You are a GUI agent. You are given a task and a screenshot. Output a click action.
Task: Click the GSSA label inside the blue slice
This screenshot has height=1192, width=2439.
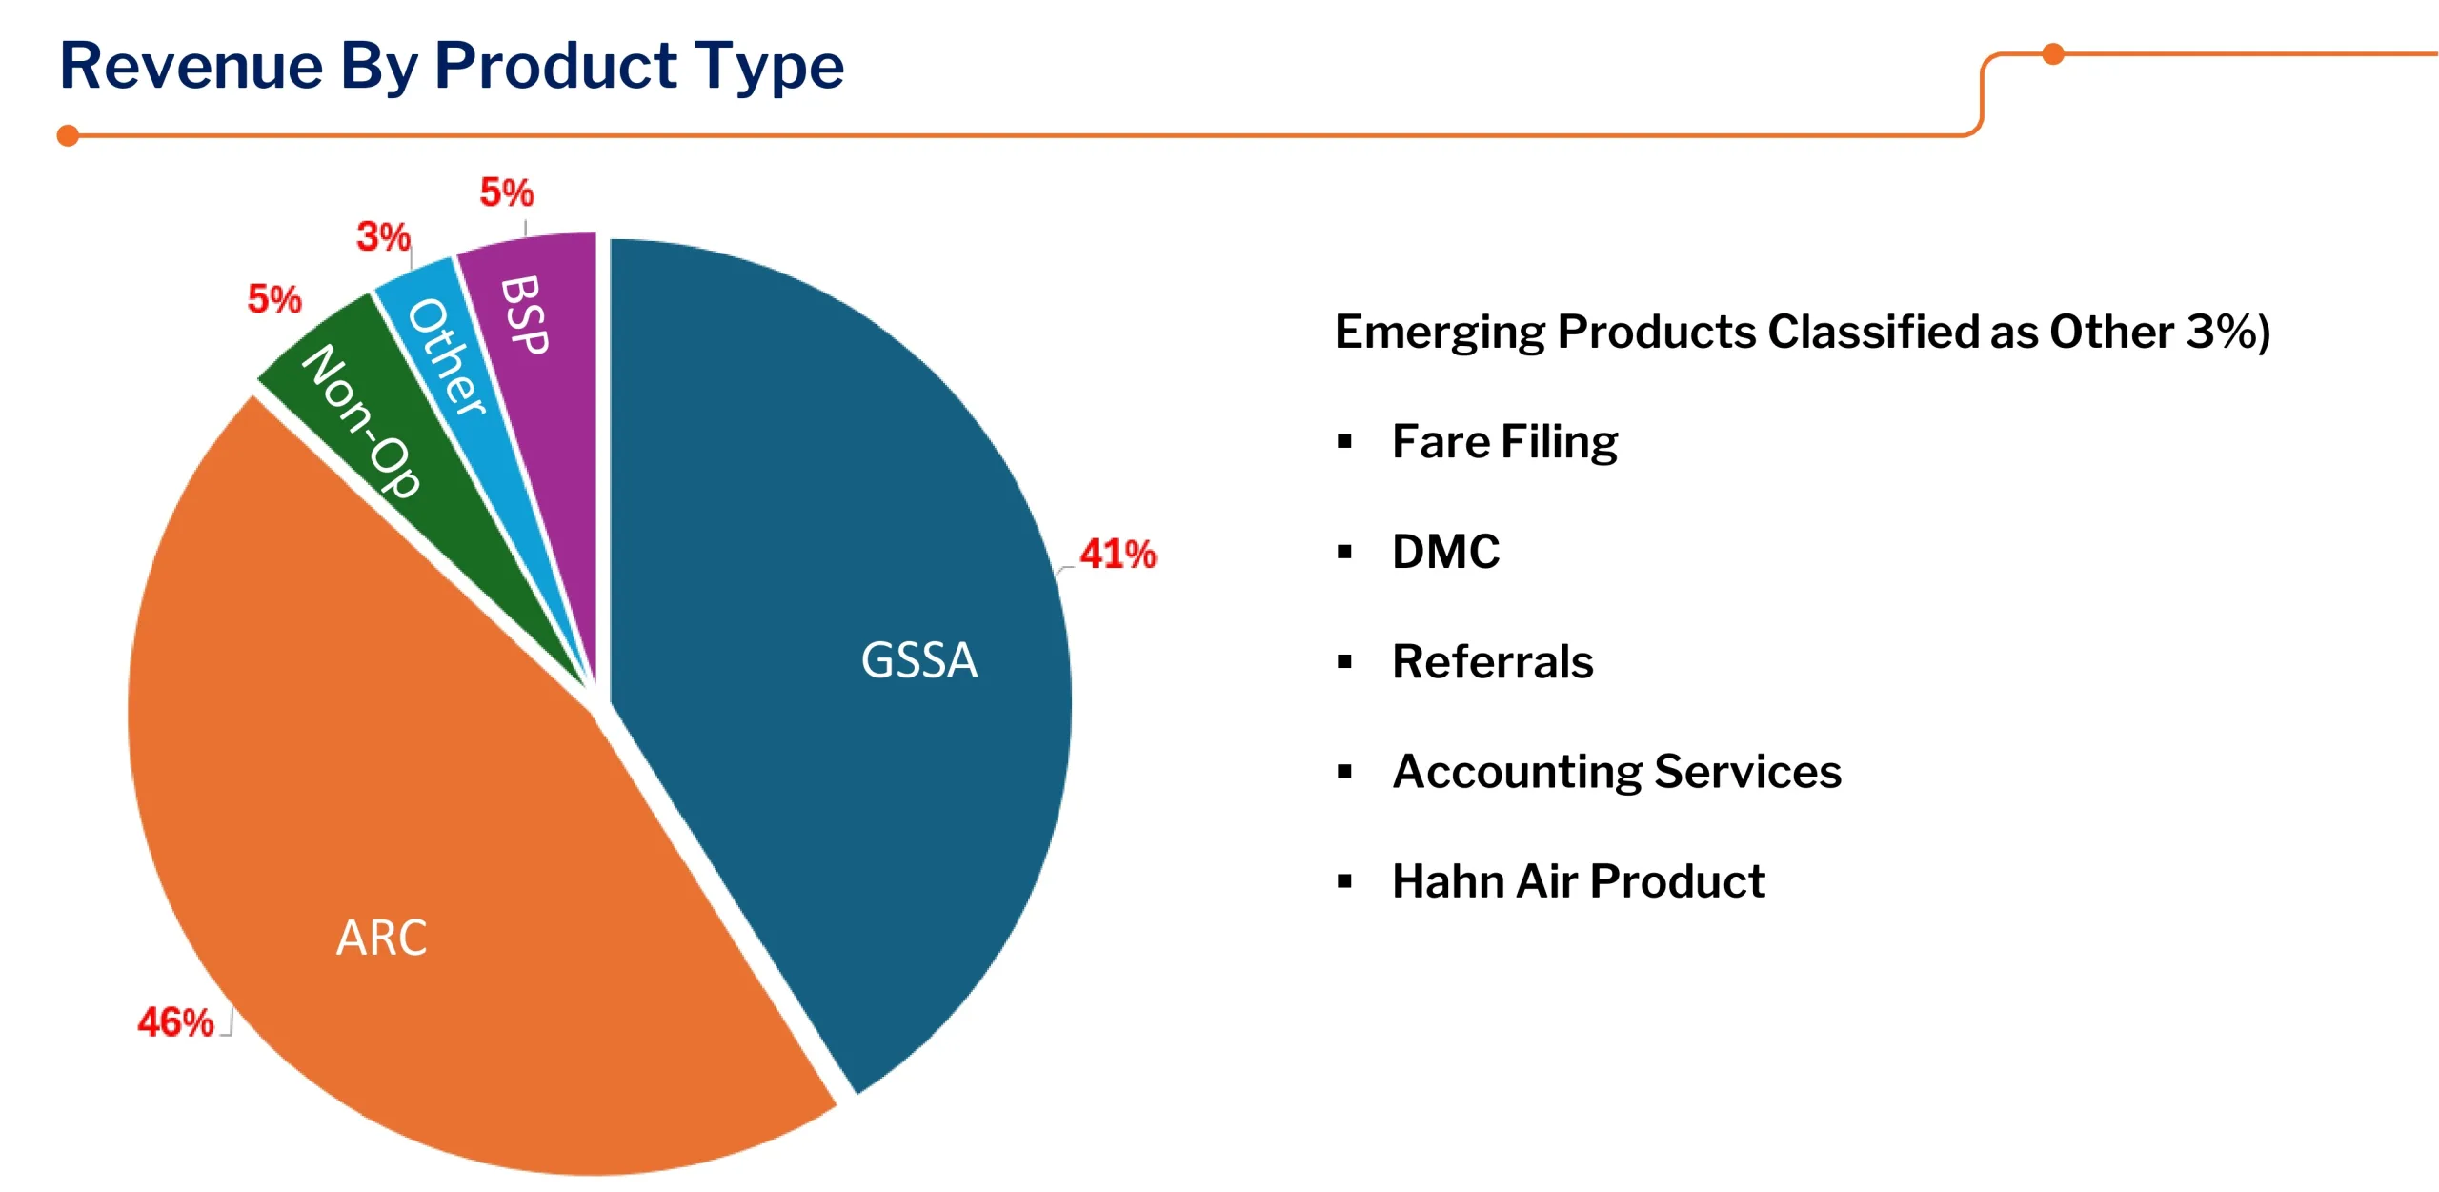pyautogui.click(x=918, y=660)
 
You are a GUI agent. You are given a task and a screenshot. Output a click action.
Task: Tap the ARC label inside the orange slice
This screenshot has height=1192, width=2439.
pyautogui.click(x=381, y=938)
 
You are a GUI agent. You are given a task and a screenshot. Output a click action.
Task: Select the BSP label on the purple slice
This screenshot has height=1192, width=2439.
pyautogui.click(x=524, y=315)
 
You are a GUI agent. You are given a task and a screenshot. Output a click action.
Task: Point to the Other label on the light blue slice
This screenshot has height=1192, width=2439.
pyautogui.click(x=447, y=356)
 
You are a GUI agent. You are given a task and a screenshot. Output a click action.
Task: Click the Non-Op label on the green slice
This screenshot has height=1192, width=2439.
pyautogui.click(x=361, y=420)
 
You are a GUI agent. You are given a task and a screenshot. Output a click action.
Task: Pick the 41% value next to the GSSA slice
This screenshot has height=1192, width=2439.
pyautogui.click(x=1117, y=554)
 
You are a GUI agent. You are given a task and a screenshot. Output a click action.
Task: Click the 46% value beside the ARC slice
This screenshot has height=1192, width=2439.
pyautogui.click(x=175, y=1022)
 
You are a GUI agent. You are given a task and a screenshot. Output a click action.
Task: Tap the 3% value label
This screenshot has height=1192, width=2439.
pyautogui.click(x=383, y=236)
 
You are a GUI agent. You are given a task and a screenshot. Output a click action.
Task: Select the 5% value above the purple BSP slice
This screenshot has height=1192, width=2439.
pyautogui.click(x=506, y=192)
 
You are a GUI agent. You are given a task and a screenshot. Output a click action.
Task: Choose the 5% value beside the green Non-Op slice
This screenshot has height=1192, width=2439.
pyautogui.click(x=274, y=299)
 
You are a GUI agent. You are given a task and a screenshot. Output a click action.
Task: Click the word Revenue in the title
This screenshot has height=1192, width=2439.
pyautogui.click(x=191, y=66)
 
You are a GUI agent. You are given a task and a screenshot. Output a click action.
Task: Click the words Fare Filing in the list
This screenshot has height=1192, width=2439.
pyautogui.click(x=1504, y=442)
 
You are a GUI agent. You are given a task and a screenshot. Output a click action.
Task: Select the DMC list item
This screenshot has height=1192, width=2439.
pyautogui.click(x=1445, y=552)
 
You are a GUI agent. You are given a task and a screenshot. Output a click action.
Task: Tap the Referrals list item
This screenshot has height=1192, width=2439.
pyautogui.click(x=1492, y=661)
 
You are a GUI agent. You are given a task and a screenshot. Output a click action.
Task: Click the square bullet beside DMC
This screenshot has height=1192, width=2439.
pyautogui.click(x=1344, y=552)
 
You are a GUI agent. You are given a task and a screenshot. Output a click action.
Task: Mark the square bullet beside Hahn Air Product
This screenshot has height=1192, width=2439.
pyautogui.click(x=1344, y=881)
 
